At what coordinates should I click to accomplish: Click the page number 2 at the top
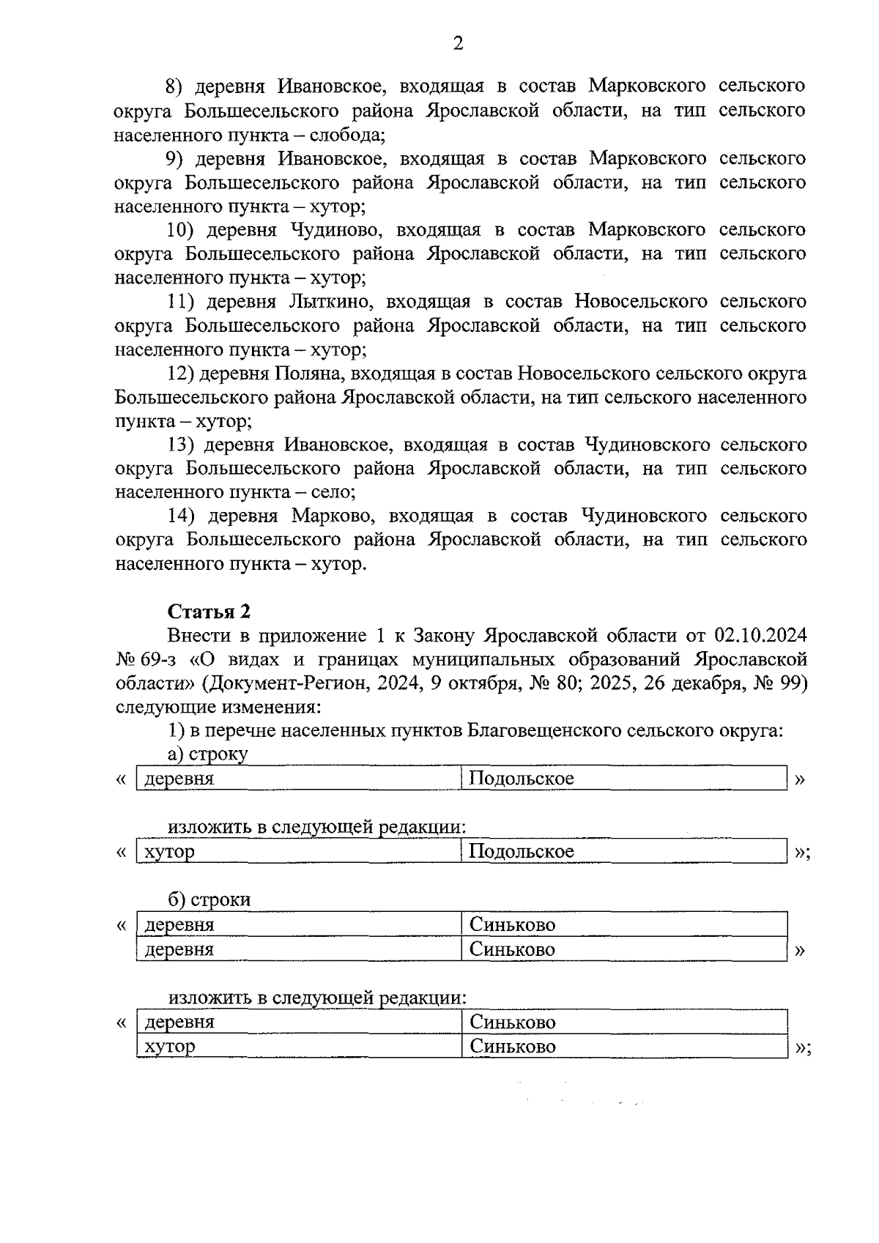point(458,44)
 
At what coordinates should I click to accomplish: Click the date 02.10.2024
point(760,634)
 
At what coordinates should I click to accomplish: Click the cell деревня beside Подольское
point(179,779)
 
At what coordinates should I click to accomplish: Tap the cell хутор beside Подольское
point(170,851)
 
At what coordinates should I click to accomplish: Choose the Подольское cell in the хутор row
point(521,851)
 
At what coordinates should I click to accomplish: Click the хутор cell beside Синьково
point(170,1047)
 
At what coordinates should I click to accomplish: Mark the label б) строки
point(209,899)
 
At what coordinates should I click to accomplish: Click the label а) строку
point(207,754)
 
